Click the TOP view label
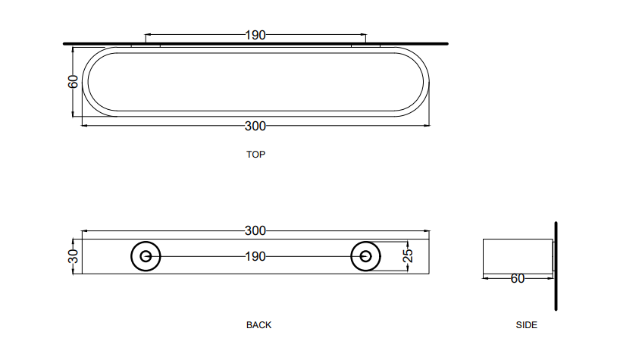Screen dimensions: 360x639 coord(255,154)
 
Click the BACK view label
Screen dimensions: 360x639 coord(258,325)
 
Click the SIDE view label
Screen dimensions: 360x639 coord(526,325)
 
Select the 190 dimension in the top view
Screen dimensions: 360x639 coord(255,35)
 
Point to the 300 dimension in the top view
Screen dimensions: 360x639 coord(255,126)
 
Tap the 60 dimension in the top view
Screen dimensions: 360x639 coord(74,81)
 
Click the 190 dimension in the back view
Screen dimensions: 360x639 coord(255,257)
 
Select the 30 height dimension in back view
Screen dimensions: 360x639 coord(74,256)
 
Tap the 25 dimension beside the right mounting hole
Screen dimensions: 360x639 coord(407,256)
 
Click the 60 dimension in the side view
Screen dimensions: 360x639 coord(518,279)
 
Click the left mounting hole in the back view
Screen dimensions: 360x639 coord(146,257)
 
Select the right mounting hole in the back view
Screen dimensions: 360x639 coord(365,257)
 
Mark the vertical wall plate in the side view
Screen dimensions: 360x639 coord(556,265)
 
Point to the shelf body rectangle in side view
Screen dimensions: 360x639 coord(516,256)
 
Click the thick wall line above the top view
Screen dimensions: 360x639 coord(255,44)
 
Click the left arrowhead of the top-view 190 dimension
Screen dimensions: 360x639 coord(147,35)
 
